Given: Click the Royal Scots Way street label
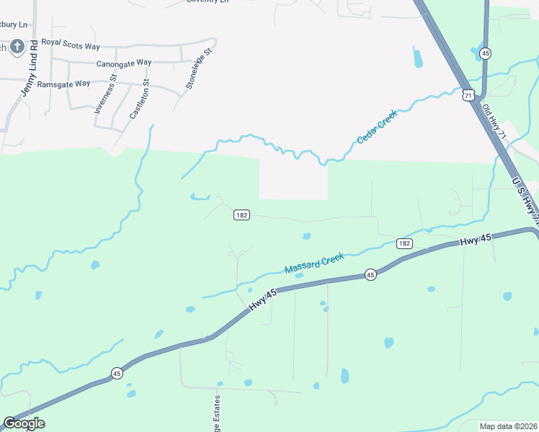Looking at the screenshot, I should pos(71,45).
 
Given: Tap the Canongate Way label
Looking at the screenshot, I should pos(124,63).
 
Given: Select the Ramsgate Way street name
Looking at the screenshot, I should pos(63,84).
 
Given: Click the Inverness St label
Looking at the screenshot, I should pos(100,99).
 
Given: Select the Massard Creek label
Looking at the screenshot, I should pos(314,264).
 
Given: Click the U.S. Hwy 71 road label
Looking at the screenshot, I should pos(525,197).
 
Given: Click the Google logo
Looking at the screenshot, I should pos(24,423).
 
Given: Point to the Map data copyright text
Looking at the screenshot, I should pos(509,425).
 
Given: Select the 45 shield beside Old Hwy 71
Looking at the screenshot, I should pos(486,53).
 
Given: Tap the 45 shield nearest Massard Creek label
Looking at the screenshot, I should pos(370,274).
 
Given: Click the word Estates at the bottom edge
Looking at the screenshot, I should pos(215,416).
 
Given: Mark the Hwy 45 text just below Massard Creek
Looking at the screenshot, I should pos(263,300).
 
